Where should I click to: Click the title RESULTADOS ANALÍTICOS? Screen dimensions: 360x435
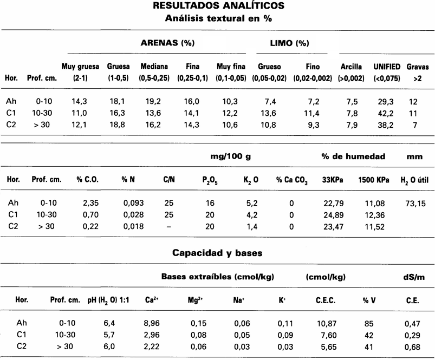(x=218, y=6)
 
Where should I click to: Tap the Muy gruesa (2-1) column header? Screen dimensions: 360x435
(x=80, y=73)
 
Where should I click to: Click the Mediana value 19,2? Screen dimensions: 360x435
(x=154, y=101)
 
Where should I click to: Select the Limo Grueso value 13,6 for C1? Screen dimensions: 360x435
(x=269, y=113)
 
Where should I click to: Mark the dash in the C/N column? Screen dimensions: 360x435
(x=169, y=227)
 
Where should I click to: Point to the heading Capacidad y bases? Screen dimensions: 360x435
(x=217, y=253)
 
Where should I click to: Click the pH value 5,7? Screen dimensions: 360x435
(x=109, y=335)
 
